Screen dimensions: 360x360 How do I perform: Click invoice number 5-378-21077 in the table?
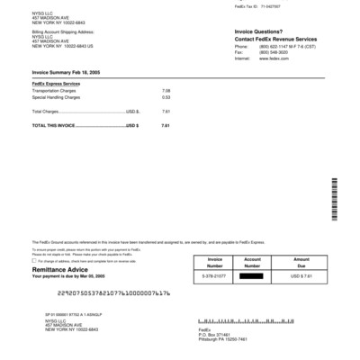tap(213, 276)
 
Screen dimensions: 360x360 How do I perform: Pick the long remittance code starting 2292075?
tap(112, 293)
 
